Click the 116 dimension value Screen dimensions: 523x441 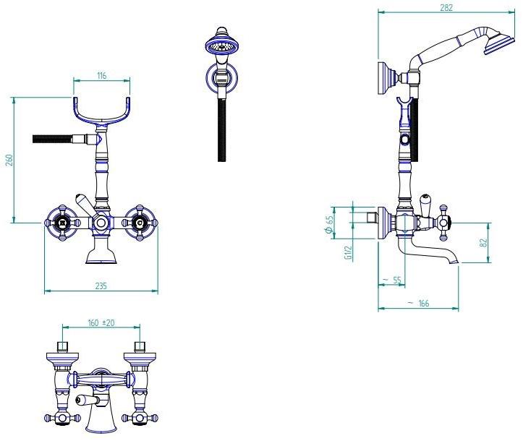pos(102,76)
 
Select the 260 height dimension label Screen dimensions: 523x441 pos(9,160)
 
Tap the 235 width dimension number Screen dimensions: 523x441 pos(101,286)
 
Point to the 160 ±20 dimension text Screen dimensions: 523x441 pos(101,323)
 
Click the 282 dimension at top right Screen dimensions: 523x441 pos(446,7)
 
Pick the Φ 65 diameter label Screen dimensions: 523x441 pos(329,224)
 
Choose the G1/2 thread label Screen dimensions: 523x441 pos(348,252)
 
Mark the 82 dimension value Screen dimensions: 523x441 pos(484,242)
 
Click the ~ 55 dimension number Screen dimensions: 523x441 pos(394,280)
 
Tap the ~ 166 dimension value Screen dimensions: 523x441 pos(419,304)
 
